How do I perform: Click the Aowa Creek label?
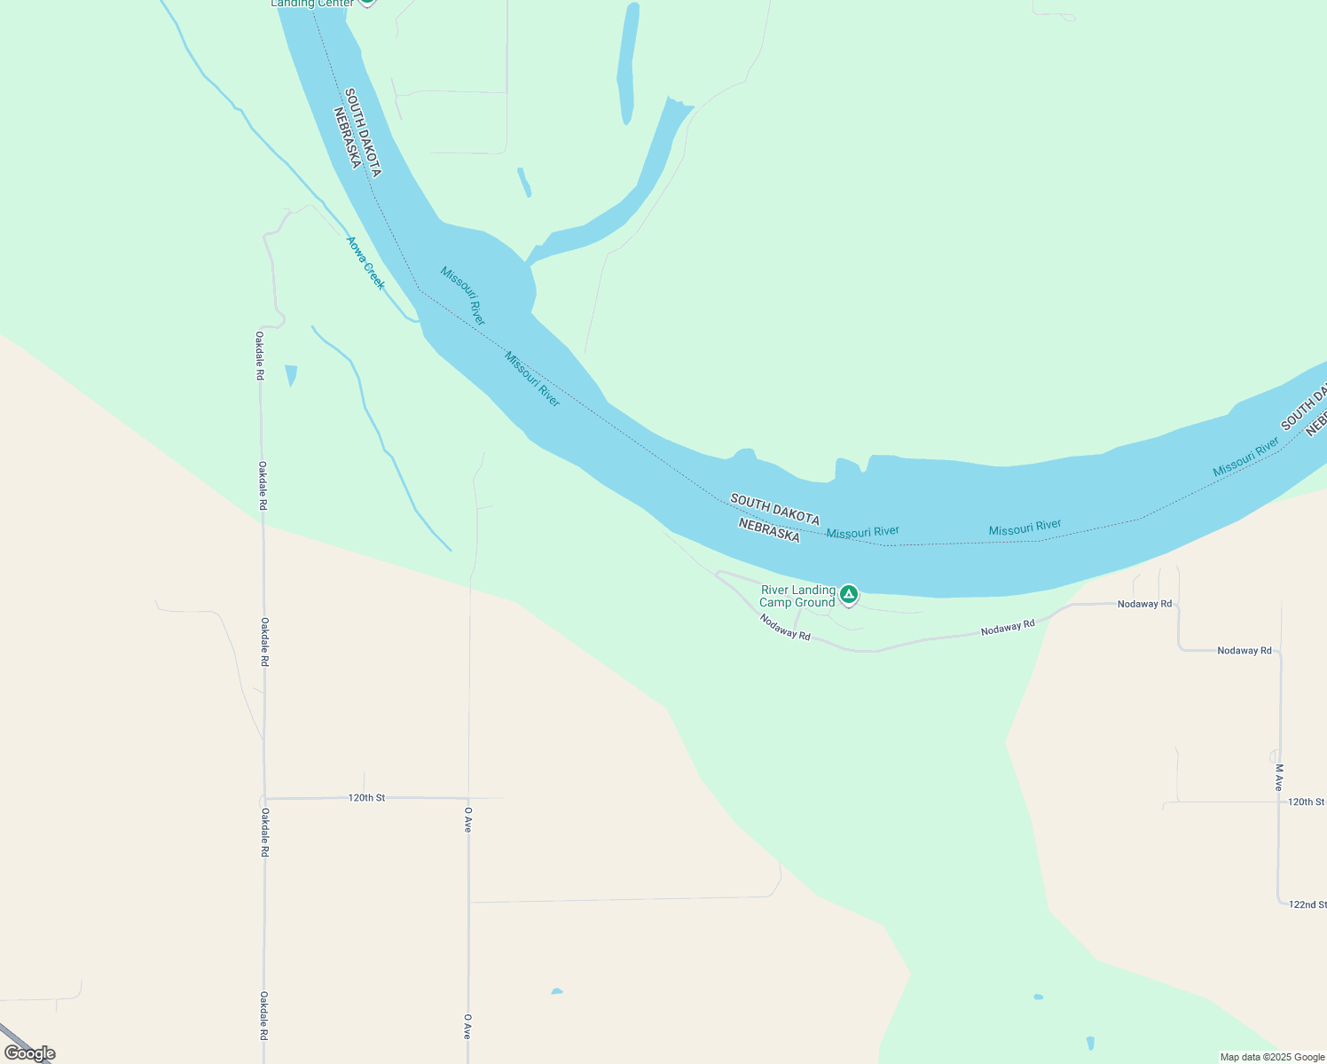coord(365,263)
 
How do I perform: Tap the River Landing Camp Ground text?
coord(797,597)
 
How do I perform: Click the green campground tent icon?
coord(849,594)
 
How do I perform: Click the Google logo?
coord(30,1053)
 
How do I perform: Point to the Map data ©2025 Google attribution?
coord(1272,1057)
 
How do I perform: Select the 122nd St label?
coord(1307,904)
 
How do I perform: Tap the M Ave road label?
coord(1278,778)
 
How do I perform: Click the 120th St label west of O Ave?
coord(366,798)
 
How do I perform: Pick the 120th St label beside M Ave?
coord(1306,802)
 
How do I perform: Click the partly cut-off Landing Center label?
coord(312,4)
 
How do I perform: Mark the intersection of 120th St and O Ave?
coord(468,798)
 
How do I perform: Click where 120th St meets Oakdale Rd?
coord(264,798)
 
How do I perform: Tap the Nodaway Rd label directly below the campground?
coord(785,628)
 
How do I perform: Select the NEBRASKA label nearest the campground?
coord(769,531)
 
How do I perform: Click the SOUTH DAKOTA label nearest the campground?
coord(774,510)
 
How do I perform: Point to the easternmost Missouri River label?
coord(1245,457)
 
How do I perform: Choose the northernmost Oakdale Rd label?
coord(260,356)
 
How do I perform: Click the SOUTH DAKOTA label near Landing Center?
coord(364,132)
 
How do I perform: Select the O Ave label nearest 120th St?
coord(467,818)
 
